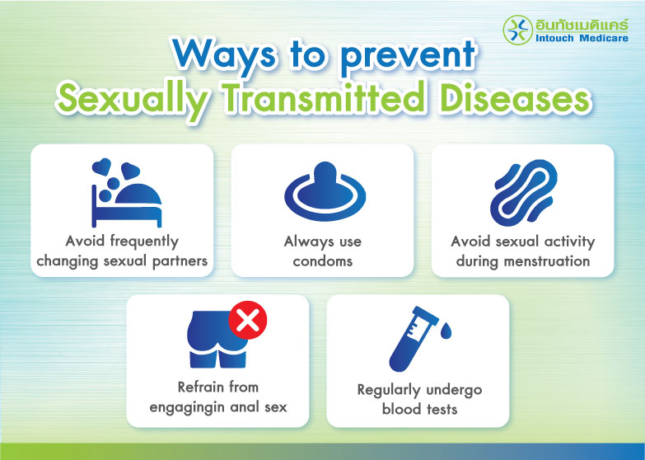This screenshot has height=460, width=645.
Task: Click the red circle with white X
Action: (245, 321)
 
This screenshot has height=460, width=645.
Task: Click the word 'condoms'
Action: (323, 261)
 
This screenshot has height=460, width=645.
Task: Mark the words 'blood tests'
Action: (418, 409)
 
